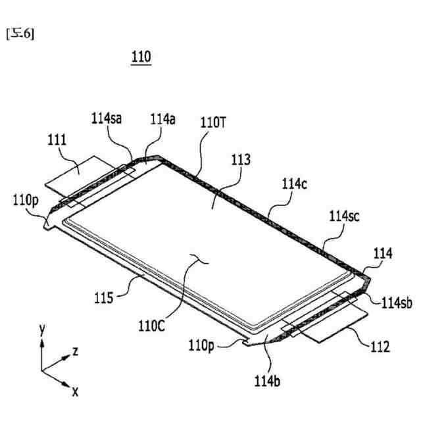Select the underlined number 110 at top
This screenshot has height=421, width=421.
(141, 58)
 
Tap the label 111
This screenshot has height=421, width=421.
(57, 140)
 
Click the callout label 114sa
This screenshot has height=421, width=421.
(107, 118)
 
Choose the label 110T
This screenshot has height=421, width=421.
(213, 123)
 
